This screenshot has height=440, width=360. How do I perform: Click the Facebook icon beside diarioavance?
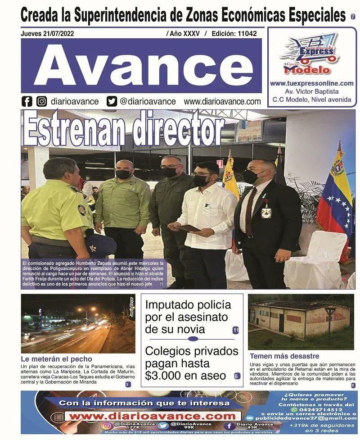tap(27, 101)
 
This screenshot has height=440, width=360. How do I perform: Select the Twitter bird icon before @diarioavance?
tap(112, 101)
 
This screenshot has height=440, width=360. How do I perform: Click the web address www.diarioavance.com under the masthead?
tap(222, 102)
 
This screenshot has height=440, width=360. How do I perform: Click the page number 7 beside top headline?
tap(353, 17)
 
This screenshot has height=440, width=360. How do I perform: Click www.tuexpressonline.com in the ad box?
tap(311, 83)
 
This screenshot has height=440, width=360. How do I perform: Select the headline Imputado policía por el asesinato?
tap(188, 317)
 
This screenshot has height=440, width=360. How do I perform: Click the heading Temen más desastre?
tap(284, 356)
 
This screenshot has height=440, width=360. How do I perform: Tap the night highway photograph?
tap(77, 323)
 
